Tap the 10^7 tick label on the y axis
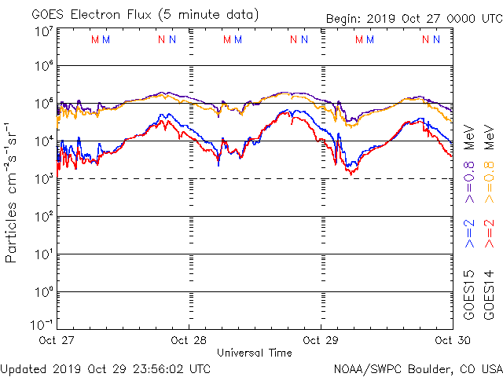point(42,31)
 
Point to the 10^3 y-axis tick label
point(42,178)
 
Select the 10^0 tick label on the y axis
point(42,292)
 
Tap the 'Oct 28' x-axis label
point(189,340)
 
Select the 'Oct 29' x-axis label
point(321,340)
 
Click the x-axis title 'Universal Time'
point(254,353)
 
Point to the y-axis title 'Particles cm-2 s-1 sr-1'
point(13,192)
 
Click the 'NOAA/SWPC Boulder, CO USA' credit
point(417,368)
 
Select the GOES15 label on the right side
point(469,295)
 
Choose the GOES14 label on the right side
point(488,295)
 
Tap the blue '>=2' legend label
point(469,233)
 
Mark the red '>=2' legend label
point(488,233)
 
